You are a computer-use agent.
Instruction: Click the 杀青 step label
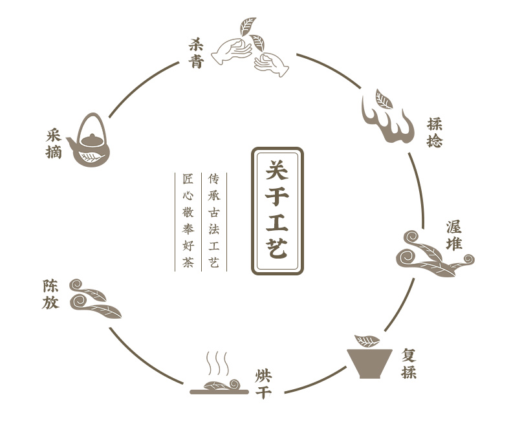point(196,53)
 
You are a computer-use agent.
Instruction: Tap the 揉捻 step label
point(435,132)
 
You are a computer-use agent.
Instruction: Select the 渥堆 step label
point(454,235)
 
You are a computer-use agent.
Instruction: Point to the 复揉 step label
point(408,363)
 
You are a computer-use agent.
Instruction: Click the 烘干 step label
point(263,383)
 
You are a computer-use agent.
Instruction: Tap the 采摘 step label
point(54,144)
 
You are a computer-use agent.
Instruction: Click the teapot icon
point(90,144)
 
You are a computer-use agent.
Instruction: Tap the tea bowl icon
point(369,362)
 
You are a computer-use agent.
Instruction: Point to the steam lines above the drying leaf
point(217,363)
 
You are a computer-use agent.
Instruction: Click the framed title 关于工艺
point(277,211)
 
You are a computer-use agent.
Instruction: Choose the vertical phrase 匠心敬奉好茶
point(188,220)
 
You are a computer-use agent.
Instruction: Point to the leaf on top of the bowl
point(368,340)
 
